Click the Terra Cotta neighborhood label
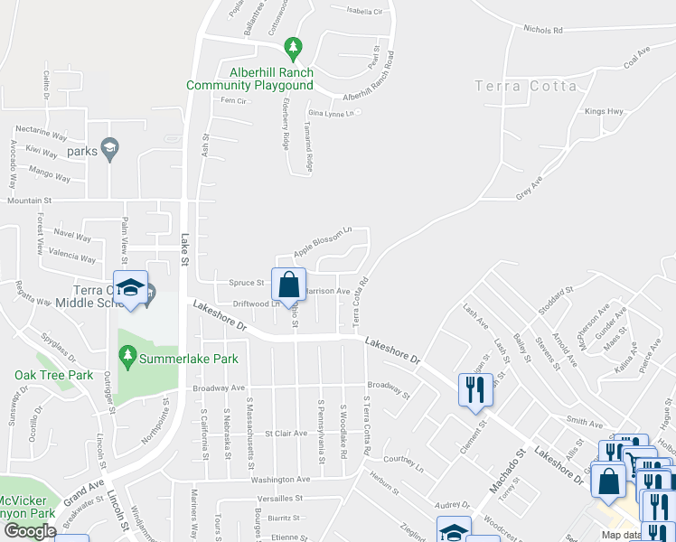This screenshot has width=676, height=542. (x=526, y=86)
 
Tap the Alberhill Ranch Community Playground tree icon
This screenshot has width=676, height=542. (x=292, y=46)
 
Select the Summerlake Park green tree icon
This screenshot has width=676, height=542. (x=127, y=358)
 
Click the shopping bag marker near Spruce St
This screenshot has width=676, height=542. (x=288, y=285)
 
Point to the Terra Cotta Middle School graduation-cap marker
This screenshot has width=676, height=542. (x=131, y=288)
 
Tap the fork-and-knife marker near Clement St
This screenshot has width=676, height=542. (x=475, y=390)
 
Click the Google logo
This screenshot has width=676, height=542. (x=29, y=531)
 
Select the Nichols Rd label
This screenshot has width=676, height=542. (x=542, y=30)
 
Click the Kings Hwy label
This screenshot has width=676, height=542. (x=604, y=112)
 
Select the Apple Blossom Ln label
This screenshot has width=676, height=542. (x=322, y=241)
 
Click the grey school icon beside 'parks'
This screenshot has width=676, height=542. (x=110, y=149)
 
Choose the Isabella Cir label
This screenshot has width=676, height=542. (x=365, y=12)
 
